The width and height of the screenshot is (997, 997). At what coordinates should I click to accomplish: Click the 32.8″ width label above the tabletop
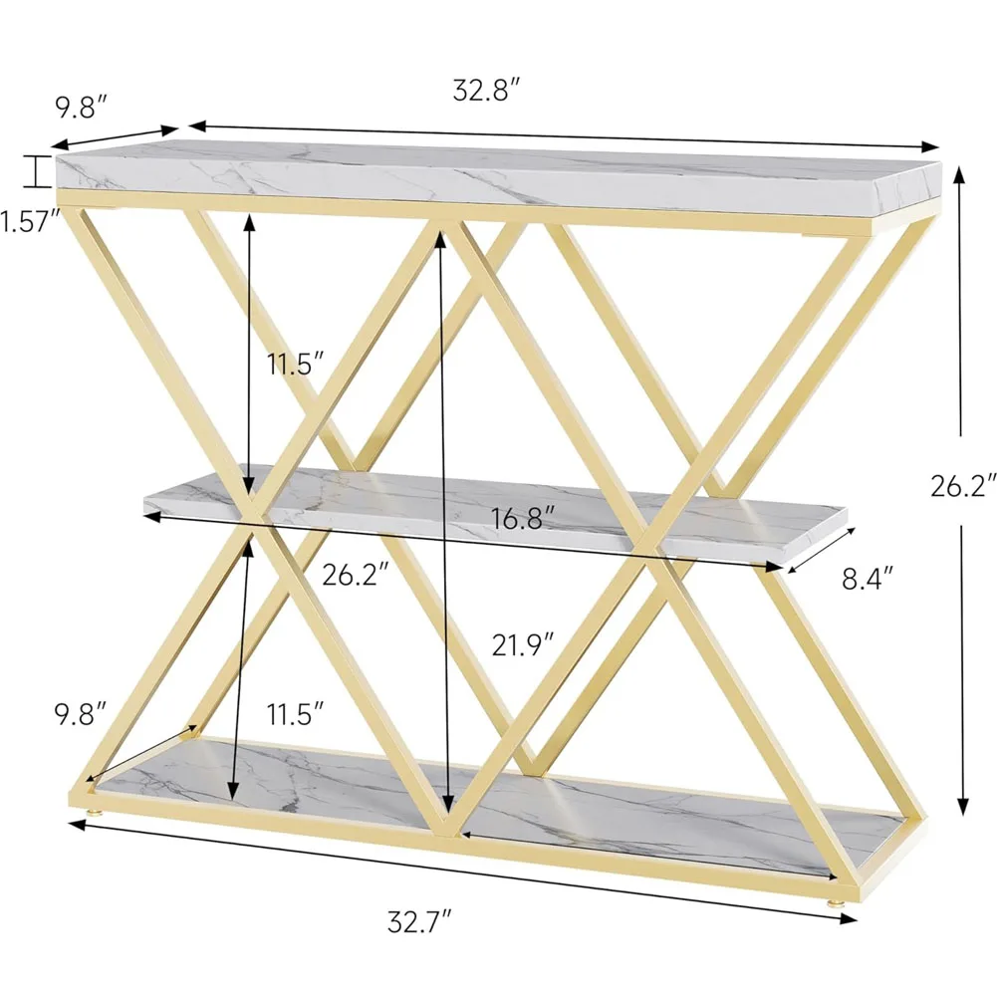coord(486,91)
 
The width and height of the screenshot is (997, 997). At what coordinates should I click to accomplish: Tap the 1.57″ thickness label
coord(29,222)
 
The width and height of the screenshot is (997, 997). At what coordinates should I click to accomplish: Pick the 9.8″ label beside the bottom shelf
coord(80,714)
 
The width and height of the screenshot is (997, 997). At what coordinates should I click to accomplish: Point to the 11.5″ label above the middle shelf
coord(295,364)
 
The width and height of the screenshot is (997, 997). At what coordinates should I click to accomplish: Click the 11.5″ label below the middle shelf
coord(295,714)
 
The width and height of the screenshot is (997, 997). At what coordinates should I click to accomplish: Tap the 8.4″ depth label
coord(868,578)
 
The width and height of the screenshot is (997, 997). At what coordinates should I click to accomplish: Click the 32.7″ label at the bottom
coord(419,921)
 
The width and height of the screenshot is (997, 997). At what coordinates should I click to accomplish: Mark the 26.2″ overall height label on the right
coord(963,486)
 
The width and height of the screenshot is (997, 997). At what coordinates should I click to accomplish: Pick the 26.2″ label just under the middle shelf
coord(355,576)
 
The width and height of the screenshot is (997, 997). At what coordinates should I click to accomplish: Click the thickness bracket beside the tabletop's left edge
coord(38,171)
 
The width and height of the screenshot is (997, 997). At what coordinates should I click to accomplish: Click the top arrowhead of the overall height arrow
coord(959,173)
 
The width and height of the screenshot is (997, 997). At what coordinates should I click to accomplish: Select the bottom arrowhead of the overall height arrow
coord(963,806)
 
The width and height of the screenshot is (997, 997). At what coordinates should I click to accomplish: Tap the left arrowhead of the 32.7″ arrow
coord(78,825)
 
